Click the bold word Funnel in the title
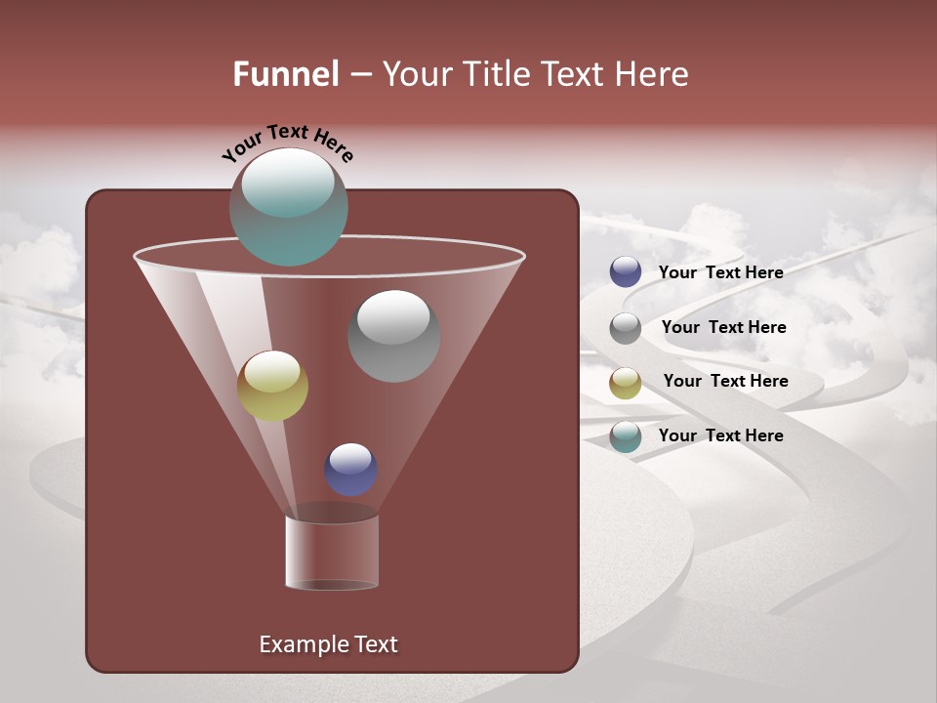(286, 74)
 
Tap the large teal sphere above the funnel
(288, 206)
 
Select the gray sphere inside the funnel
(393, 336)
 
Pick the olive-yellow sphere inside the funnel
(272, 386)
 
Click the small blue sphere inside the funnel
(350, 469)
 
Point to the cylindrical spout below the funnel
(332, 552)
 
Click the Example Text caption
(328, 644)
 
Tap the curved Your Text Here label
(287, 142)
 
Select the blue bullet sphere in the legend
(626, 271)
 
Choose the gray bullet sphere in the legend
(626, 328)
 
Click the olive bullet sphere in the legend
(626, 383)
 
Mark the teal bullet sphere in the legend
(626, 436)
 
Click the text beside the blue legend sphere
(720, 272)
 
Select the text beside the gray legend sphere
(723, 327)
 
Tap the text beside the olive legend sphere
(725, 381)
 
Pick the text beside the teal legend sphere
(720, 435)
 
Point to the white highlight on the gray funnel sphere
(393, 316)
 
